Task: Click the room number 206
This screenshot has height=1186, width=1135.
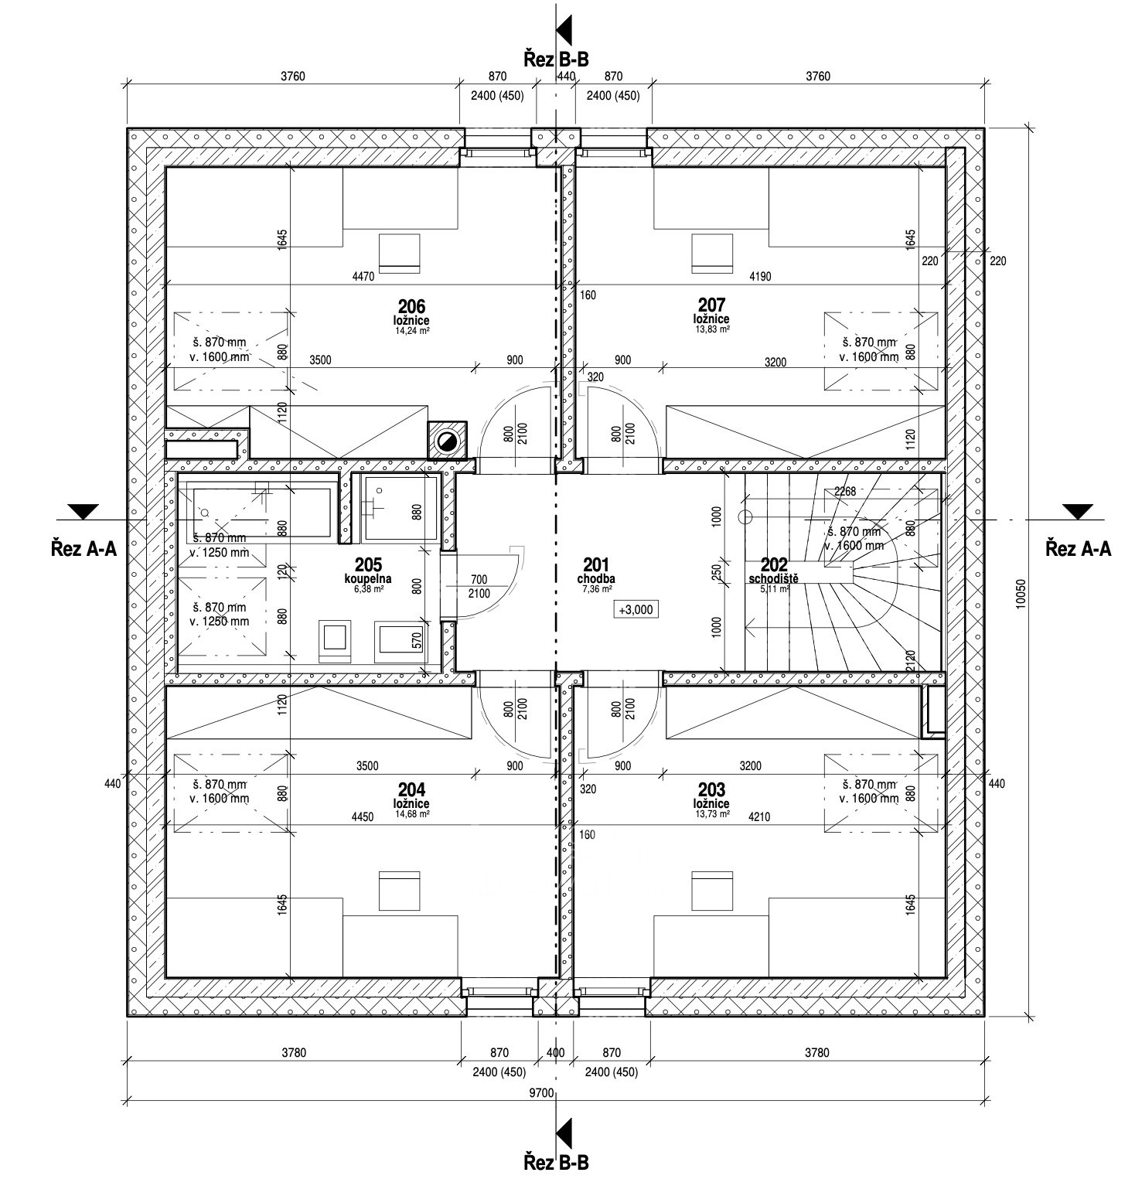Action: [411, 306]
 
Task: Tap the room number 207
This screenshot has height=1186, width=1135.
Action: [711, 306]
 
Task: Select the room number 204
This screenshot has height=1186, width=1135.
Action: [411, 789]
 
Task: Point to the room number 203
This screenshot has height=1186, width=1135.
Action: [711, 789]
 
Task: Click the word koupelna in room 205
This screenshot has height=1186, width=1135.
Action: [368, 578]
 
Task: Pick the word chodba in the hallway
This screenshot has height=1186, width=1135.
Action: [596, 578]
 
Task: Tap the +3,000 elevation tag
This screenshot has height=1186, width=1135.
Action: [636, 609]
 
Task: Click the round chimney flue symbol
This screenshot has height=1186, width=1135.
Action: [447, 441]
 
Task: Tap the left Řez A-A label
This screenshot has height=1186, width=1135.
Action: [84, 548]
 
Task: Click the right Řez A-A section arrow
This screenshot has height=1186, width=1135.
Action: [1078, 511]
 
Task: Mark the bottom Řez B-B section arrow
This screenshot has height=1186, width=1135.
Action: [564, 1130]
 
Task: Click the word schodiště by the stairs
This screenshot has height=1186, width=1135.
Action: [768, 578]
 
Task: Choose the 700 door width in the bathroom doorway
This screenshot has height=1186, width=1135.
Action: [479, 580]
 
